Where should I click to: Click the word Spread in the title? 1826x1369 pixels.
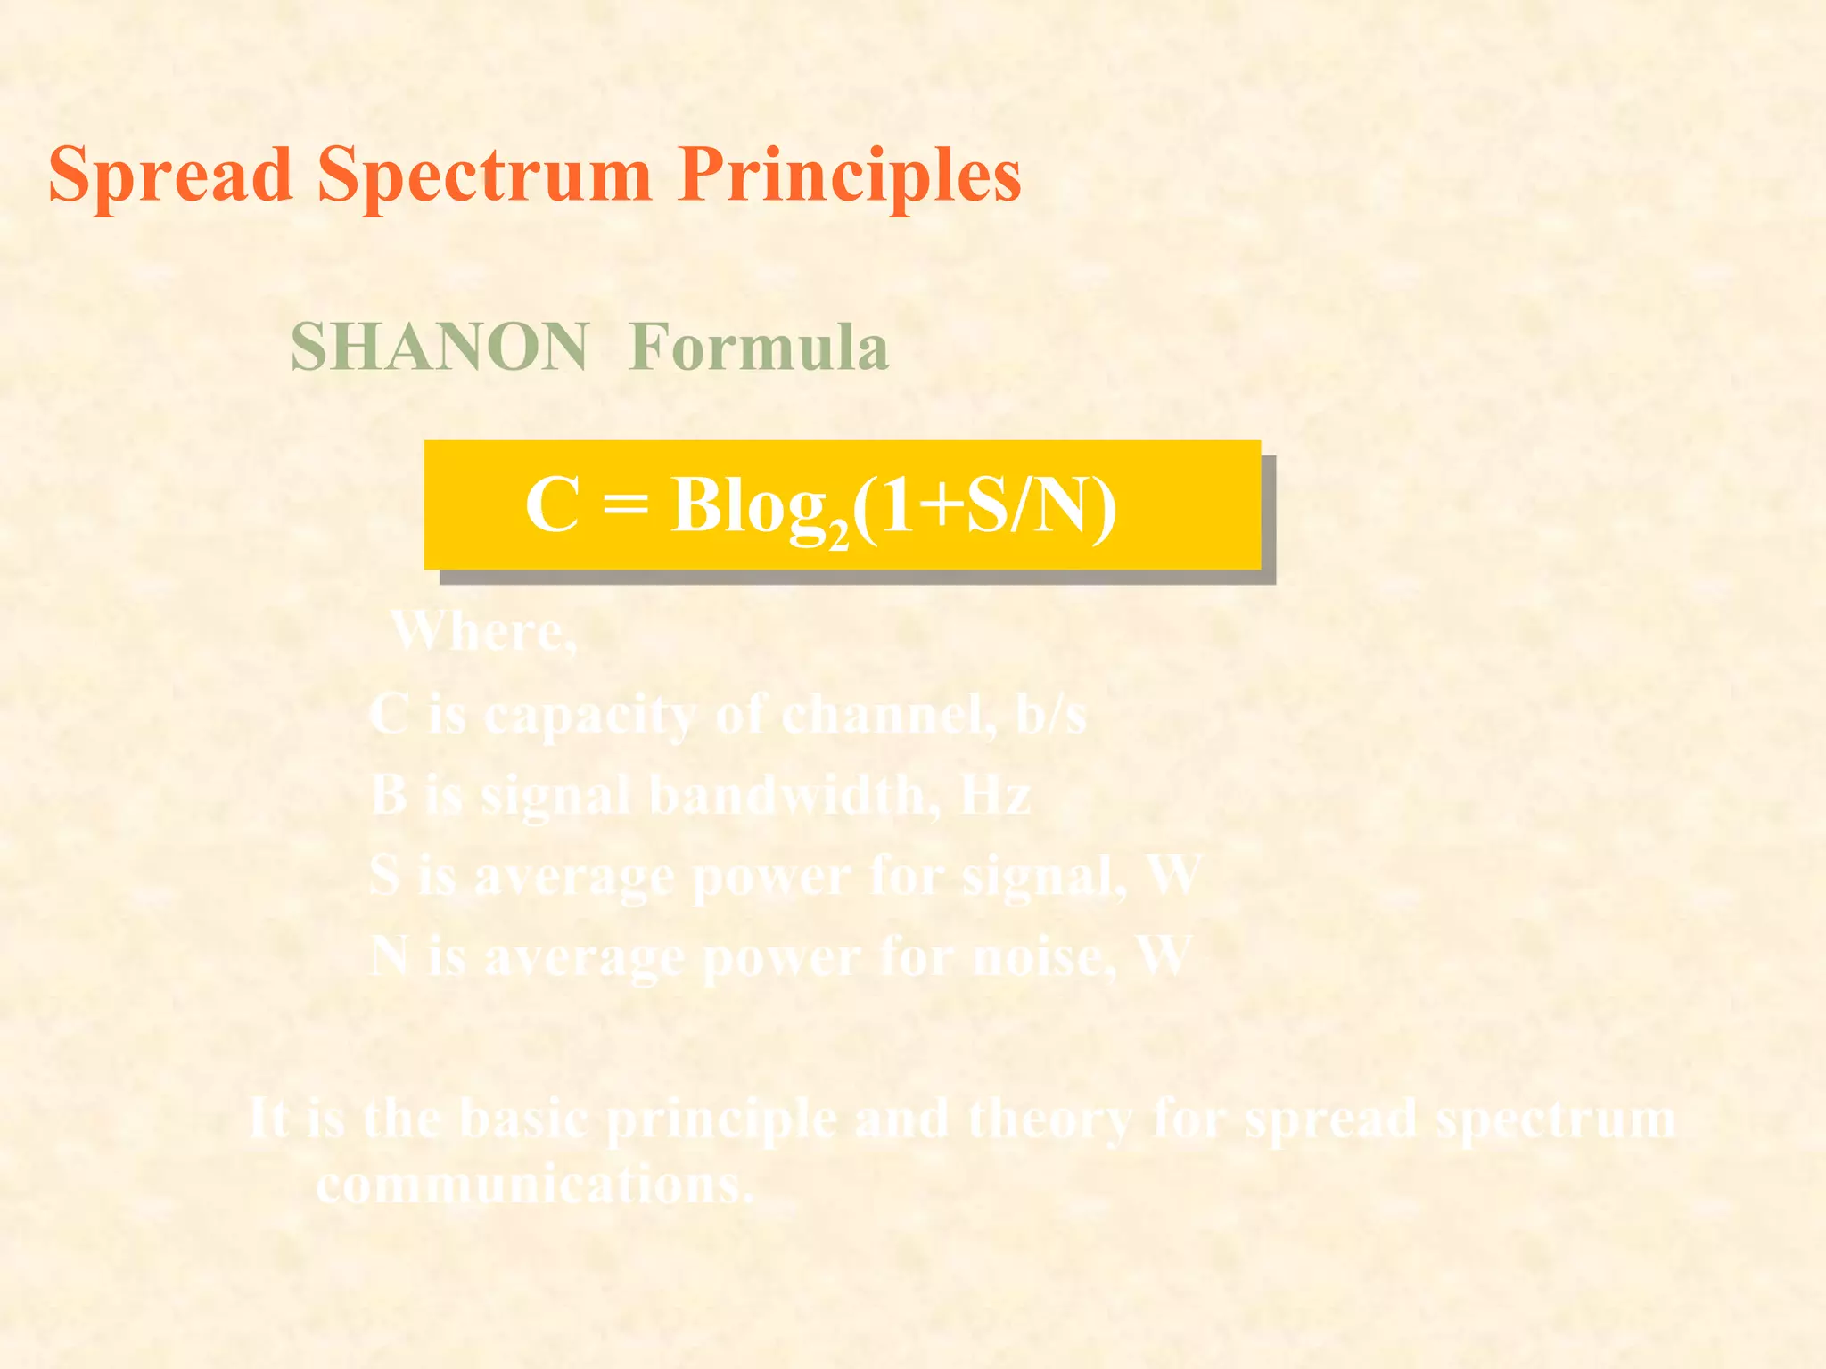point(170,175)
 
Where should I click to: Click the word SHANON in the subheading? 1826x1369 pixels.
point(439,347)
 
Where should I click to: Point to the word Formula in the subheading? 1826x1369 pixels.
point(758,347)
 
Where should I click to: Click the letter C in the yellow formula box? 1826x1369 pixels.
point(552,504)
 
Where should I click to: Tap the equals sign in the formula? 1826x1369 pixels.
point(625,506)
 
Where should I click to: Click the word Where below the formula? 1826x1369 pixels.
point(481,631)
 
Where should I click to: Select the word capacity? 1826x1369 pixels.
point(588,716)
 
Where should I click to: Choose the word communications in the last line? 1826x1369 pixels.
point(535,1185)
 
